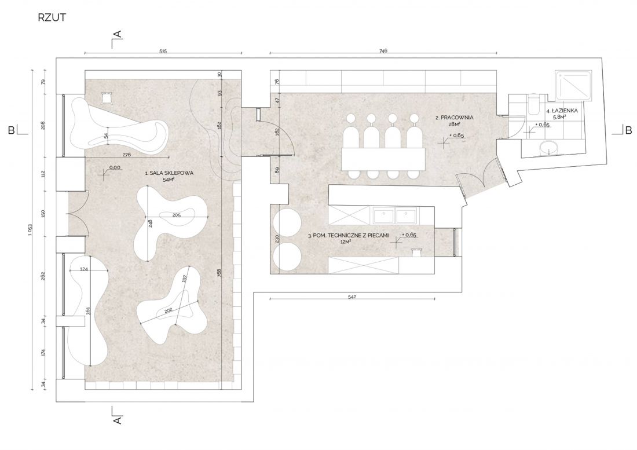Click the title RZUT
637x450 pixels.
tap(52, 17)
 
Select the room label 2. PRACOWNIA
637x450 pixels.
tap(454, 118)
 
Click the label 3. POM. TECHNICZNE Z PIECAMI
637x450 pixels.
tap(348, 235)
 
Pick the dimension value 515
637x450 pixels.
tap(163, 52)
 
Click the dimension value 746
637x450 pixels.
tap(383, 51)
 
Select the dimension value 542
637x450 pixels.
tap(352, 297)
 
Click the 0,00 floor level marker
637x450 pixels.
tap(115, 168)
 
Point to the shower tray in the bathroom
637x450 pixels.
tap(574, 85)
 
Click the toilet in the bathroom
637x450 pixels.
tap(533, 104)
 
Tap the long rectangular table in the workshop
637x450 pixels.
tap(383, 159)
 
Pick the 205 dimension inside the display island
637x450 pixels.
tap(176, 215)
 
